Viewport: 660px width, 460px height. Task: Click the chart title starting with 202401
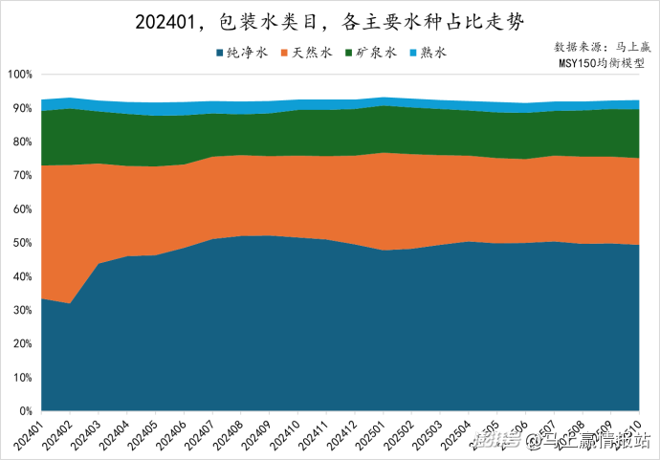coord(330,20)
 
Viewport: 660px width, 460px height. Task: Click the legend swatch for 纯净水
coord(221,54)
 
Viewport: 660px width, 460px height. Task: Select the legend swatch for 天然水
coord(284,54)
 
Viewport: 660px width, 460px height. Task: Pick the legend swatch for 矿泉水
coord(349,54)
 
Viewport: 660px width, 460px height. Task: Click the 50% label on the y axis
coord(22,243)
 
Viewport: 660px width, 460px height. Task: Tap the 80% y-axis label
coord(22,142)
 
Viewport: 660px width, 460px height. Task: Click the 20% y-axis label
coord(22,344)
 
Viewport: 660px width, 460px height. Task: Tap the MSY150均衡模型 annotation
coord(603,63)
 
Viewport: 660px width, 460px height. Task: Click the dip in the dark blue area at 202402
coord(70,304)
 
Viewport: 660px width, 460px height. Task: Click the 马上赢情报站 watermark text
coord(593,441)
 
